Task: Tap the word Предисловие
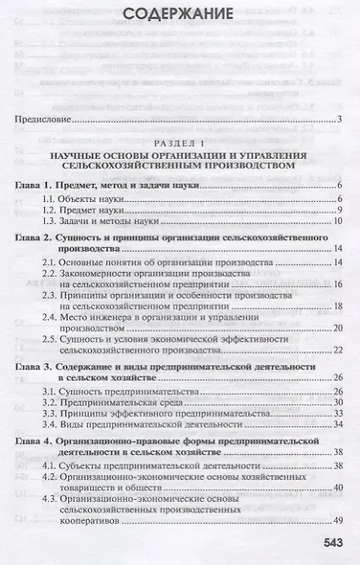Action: click(x=46, y=120)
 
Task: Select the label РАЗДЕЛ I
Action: click(x=180, y=141)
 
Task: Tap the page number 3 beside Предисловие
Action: click(x=340, y=120)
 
